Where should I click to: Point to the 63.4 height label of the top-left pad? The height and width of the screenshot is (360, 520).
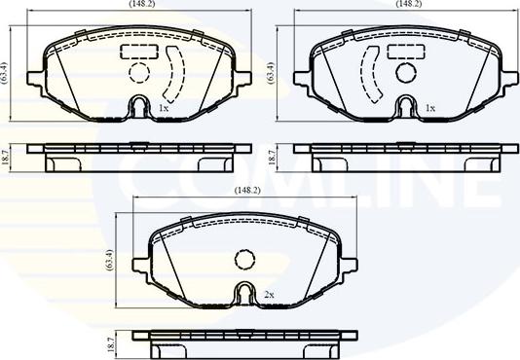(7, 71)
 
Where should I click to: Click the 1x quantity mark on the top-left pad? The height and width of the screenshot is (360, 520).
(163, 108)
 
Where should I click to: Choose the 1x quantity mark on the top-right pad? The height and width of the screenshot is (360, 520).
(428, 108)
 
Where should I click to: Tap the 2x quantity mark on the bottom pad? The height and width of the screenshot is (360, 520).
(270, 294)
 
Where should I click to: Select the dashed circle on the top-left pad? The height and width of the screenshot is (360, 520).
(137, 74)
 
